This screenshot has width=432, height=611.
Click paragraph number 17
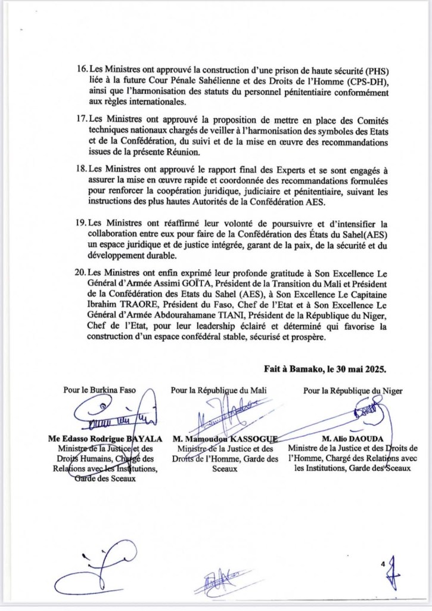point(83,119)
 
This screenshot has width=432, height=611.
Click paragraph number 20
point(83,271)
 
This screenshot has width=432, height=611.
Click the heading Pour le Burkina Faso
point(100,391)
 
